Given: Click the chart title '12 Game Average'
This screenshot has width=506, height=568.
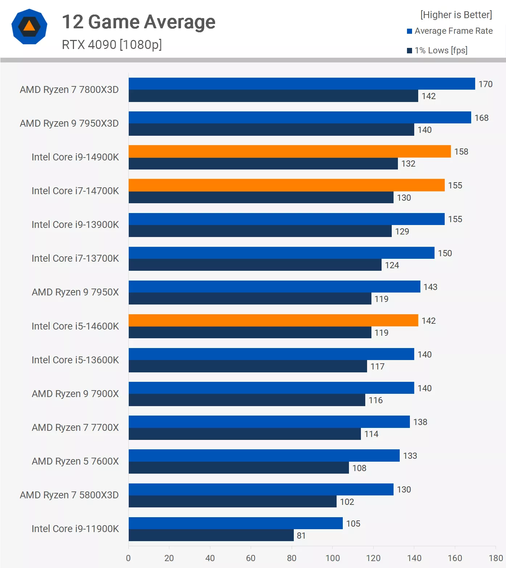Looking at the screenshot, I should [x=139, y=22].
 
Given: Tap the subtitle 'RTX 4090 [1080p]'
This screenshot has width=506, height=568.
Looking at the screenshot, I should [x=112, y=45].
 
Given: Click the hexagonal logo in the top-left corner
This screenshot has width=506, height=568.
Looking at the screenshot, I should [x=29, y=26].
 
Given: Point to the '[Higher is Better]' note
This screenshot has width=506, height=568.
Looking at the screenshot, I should [x=456, y=15].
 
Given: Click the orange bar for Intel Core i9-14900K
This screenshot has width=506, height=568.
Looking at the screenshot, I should [x=289, y=151].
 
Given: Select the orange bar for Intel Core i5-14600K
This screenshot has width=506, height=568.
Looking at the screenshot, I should [x=273, y=320].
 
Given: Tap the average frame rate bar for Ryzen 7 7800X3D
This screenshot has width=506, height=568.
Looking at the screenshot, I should [x=302, y=83].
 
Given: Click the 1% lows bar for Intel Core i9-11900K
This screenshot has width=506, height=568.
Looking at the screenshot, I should [x=211, y=535].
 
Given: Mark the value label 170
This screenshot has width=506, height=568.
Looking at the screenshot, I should [x=485, y=84].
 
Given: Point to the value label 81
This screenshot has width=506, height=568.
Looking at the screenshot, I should [x=301, y=536].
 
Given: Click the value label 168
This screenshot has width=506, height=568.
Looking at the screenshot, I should [x=481, y=118].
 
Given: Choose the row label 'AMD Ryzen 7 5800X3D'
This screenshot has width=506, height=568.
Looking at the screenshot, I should [x=69, y=495].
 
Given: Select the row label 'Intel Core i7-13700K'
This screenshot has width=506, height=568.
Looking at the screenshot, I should [x=75, y=258].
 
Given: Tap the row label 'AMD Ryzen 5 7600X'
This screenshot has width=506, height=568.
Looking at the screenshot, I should [x=75, y=461].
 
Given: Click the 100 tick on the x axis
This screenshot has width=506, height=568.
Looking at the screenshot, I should [x=333, y=558].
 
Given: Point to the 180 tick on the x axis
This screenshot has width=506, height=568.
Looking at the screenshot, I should [x=495, y=558].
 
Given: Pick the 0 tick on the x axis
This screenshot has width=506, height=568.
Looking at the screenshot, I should [x=128, y=558].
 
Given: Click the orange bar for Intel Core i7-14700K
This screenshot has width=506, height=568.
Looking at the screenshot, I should [x=287, y=185].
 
